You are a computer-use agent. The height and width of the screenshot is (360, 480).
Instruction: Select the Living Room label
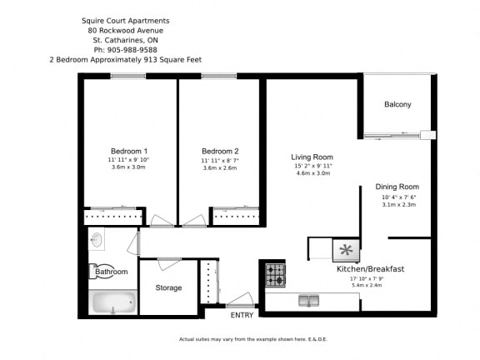pyautogui.click(x=312, y=157)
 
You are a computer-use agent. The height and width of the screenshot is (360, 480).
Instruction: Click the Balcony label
pyautogui.click(x=397, y=104)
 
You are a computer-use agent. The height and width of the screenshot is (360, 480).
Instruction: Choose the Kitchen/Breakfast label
pyautogui.click(x=370, y=269)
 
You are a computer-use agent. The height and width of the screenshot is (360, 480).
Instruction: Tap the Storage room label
pyautogui.click(x=168, y=288)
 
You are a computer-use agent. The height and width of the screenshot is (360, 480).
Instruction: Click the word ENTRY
pyautogui.click(x=242, y=315)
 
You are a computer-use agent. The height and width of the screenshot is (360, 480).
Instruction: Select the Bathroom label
pyautogui.click(x=112, y=272)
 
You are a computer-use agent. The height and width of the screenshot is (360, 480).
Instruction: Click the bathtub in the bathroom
pyautogui.click(x=112, y=302)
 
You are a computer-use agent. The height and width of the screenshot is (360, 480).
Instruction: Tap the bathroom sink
pyautogui.click(x=97, y=241)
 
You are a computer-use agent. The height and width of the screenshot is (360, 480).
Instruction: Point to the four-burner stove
pyautogui.click(x=276, y=273)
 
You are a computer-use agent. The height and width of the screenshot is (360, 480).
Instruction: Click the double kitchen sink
pyautogui.click(x=308, y=301)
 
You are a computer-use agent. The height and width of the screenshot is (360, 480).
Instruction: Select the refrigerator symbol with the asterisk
pyautogui.click(x=346, y=248)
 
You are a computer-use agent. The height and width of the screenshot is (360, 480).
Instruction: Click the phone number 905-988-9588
pyautogui.click(x=125, y=49)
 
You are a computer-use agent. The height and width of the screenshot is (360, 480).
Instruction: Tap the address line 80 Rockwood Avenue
pyautogui.click(x=125, y=29)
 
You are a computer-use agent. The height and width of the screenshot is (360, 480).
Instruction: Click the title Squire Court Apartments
pyautogui.click(x=125, y=19)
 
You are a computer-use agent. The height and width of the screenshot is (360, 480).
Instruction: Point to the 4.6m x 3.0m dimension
pyautogui.click(x=312, y=174)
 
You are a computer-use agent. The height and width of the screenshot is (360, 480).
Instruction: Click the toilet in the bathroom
pyautogui.click(x=96, y=272)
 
